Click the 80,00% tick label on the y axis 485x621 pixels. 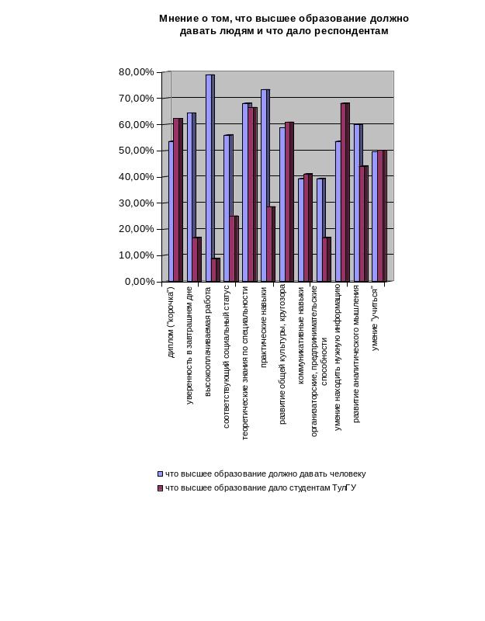pos(137,72)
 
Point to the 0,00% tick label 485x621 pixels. pos(140,282)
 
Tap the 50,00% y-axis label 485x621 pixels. pos(137,151)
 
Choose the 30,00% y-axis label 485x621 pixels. pos(137,203)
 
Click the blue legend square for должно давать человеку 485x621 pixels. pos(161,474)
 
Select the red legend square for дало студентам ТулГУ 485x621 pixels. pos(161,488)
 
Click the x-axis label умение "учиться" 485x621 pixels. pos(376,320)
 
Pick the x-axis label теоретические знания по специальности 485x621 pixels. pos(245,363)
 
